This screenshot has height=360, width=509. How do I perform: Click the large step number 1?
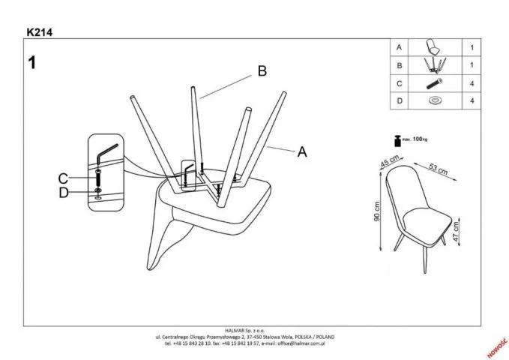[33, 62]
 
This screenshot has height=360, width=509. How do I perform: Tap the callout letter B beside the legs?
[262, 71]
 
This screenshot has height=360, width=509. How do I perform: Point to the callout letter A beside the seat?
[302, 151]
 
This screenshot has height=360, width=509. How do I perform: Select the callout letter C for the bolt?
[63, 178]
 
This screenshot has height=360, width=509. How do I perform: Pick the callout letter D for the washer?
[63, 192]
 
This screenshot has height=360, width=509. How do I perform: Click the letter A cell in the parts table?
[400, 48]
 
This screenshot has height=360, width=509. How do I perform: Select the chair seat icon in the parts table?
[432, 47]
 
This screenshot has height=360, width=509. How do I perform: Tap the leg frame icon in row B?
[432, 65]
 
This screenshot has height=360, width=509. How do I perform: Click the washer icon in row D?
[433, 100]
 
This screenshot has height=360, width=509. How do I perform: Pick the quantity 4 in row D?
[472, 100]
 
